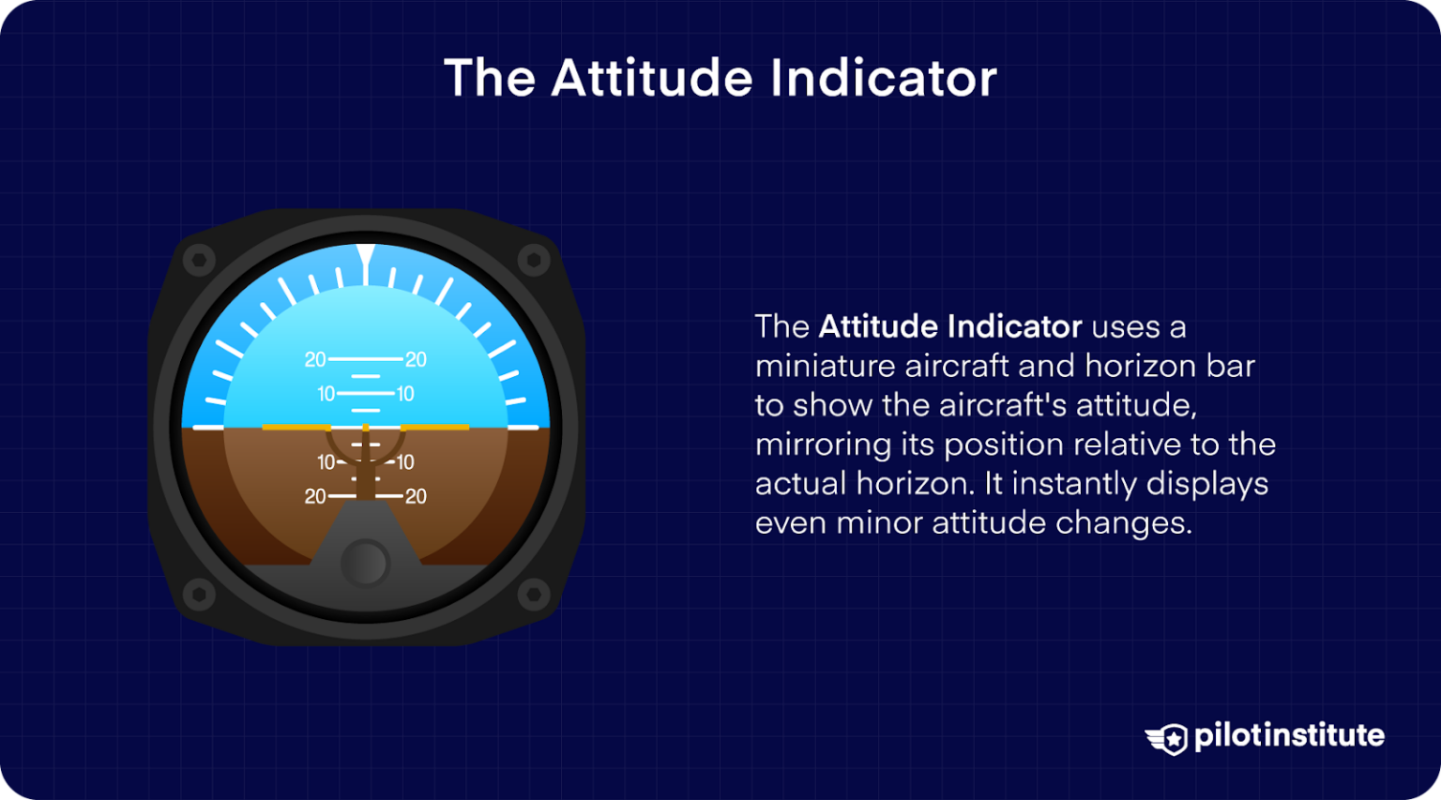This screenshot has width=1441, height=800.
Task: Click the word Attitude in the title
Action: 652,78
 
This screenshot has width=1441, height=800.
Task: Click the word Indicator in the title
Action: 883,78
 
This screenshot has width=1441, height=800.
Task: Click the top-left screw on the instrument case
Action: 199,260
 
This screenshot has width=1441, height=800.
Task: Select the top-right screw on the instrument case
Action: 534,260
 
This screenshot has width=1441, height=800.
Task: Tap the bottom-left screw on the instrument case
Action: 199,594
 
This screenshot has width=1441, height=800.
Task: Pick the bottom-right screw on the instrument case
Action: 534,594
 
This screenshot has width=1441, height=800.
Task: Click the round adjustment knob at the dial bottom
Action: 365,563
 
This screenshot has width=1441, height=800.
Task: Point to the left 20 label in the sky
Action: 315,359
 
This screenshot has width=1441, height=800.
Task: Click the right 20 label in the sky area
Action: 416,359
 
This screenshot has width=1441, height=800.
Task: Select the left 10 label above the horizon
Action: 326,394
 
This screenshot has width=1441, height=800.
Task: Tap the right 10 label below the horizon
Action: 405,462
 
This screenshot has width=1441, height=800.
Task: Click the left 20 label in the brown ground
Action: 315,496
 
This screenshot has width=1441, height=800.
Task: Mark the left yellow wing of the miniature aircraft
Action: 296,428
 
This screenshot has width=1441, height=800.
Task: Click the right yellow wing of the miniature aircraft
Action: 435,428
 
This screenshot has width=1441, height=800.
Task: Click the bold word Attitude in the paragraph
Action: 878,326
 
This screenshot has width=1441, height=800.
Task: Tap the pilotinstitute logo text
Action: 1289,735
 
